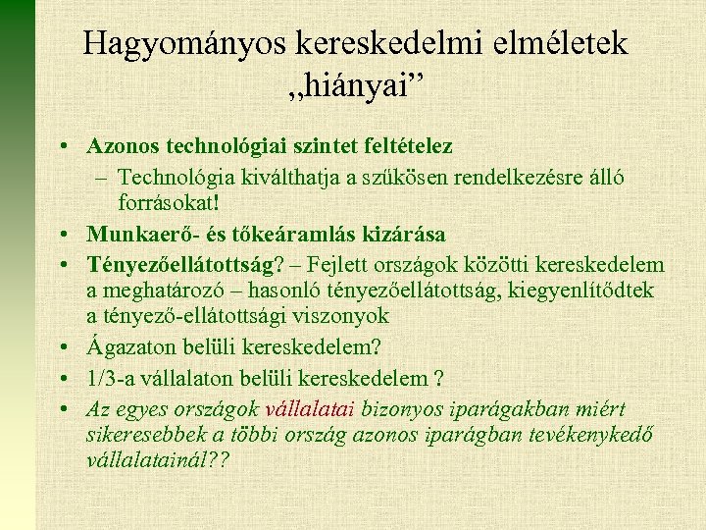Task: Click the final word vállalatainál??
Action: click(x=159, y=460)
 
